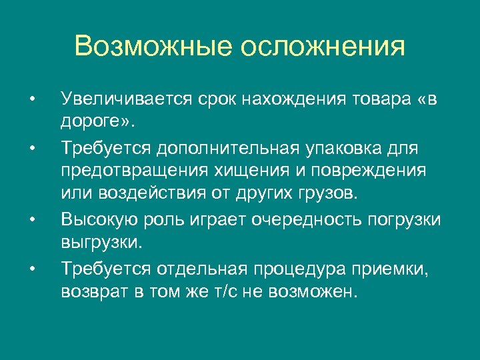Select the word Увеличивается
(x=126, y=99)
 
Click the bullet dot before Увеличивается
(x=31, y=101)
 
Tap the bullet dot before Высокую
(x=31, y=217)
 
